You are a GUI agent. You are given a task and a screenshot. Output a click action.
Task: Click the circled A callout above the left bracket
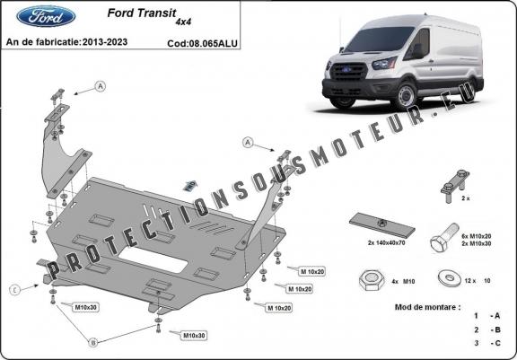tap(101, 85)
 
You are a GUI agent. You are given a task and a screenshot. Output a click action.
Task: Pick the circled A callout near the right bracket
tap(246, 143)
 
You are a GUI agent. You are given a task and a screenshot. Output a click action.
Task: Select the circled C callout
tap(15, 289)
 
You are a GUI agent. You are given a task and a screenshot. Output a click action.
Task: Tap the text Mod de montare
tap(426, 307)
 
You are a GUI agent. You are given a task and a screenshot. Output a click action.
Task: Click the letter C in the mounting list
tap(495, 342)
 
